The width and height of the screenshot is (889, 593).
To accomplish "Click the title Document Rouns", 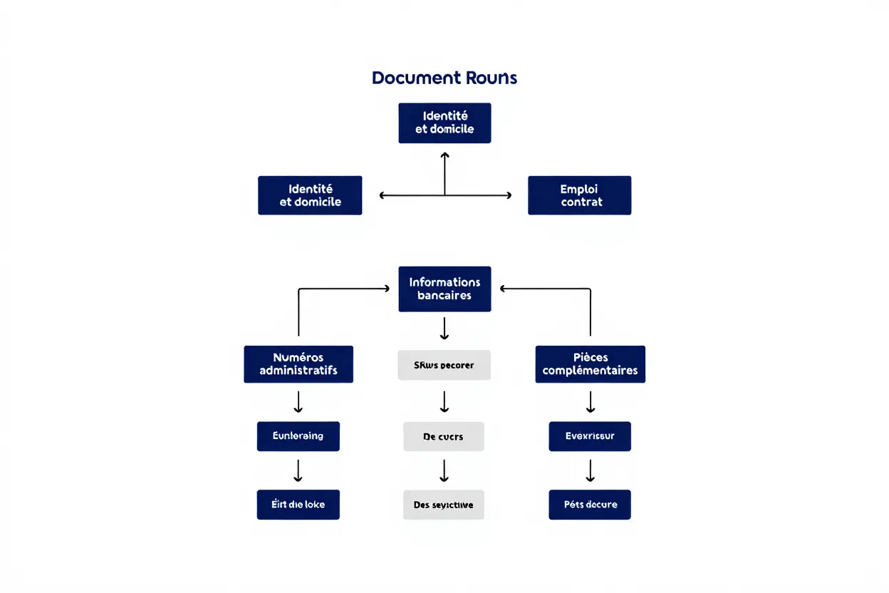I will point(444,78).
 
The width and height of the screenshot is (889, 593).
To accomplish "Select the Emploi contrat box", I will point(579,195).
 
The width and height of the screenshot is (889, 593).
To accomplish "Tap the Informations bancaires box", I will point(444,289).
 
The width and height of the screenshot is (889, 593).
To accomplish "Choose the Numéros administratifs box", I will point(298,364).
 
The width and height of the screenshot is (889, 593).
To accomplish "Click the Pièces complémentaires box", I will point(590,364).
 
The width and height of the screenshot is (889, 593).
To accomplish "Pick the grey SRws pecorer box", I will point(444,365).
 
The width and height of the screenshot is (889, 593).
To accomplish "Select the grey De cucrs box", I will point(443,436).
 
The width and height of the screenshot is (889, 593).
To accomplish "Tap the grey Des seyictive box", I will point(443,505).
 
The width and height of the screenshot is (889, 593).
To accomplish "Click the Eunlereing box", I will point(298,435).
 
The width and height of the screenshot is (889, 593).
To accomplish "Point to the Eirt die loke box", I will point(298,505).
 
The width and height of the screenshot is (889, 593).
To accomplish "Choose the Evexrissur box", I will point(590,435).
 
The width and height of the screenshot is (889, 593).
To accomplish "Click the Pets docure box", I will point(590,505).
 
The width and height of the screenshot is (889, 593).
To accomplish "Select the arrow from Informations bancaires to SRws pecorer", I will point(444,329).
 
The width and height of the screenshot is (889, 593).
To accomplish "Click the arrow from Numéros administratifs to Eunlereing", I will point(298,402).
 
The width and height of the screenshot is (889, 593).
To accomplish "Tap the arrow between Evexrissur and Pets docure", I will point(590,470).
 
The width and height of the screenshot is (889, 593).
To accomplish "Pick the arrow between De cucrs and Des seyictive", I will point(444,470).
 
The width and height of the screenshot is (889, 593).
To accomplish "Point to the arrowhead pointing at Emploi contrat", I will point(508,195).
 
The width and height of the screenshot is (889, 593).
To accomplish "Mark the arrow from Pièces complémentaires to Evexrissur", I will point(590,402).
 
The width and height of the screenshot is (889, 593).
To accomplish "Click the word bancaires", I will point(444,296).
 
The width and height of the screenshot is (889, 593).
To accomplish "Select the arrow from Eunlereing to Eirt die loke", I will point(298,470).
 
